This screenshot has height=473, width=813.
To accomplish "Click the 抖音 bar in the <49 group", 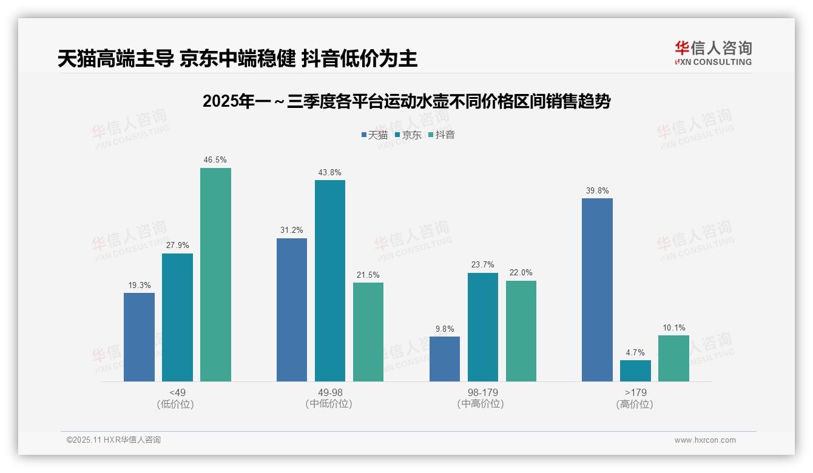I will [x=215, y=275].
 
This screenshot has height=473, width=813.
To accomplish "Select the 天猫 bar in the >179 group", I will [x=597, y=290].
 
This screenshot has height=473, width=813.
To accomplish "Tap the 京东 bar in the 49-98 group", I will [x=329, y=281].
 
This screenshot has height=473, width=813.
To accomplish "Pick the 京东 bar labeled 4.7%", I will [x=635, y=371].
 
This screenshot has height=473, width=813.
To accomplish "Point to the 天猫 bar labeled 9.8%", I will [x=444, y=359].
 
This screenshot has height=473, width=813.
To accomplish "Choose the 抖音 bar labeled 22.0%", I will [x=521, y=331].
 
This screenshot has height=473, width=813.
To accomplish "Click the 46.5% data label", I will [x=215, y=160].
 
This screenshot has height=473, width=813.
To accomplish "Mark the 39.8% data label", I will [x=597, y=190].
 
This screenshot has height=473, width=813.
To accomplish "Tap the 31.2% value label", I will [x=291, y=230].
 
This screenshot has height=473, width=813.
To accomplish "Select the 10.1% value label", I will [x=673, y=328].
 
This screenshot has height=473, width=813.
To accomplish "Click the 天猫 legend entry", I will [x=374, y=135].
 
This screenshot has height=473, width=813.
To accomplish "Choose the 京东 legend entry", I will [x=408, y=135].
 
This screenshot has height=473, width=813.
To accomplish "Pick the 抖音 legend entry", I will [x=442, y=135].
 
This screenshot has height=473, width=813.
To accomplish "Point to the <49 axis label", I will [x=178, y=392].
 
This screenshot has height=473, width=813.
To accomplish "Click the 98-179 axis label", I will [x=482, y=392].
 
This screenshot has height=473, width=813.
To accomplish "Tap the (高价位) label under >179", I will [x=635, y=404].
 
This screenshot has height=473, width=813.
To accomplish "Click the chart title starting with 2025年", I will [x=406, y=101].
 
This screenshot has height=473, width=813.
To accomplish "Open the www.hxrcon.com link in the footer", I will [x=704, y=440].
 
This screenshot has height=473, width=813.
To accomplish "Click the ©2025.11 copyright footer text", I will [x=113, y=440].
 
